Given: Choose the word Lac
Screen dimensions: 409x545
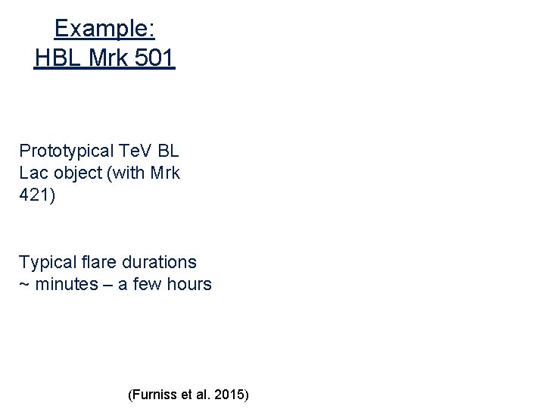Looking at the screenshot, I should point(33,172).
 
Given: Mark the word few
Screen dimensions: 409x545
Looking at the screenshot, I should point(148,285).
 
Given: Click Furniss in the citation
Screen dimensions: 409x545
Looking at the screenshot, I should point(155,395).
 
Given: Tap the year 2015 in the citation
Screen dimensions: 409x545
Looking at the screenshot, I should point(229,395).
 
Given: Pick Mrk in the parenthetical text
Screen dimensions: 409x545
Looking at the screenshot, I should point(164,172).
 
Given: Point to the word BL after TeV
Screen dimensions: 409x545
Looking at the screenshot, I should point(168,150).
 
